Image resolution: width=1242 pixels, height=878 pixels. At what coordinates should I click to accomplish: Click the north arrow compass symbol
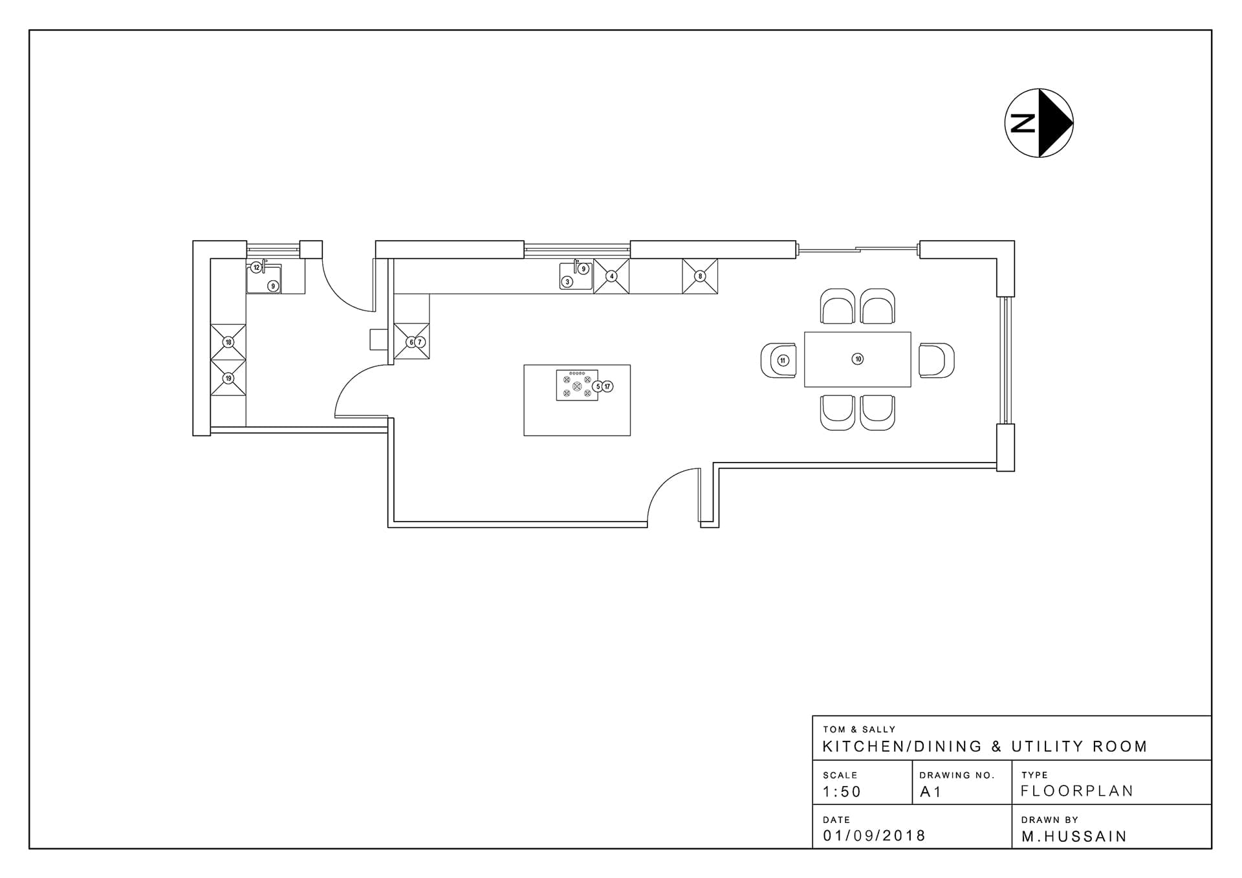1039,123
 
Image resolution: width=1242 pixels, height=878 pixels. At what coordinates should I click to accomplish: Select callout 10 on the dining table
858,359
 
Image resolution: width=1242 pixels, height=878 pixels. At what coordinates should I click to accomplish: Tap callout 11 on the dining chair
783,360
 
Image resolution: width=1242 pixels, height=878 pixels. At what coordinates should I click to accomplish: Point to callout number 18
228,342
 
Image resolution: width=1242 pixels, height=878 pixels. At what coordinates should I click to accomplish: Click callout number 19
228,379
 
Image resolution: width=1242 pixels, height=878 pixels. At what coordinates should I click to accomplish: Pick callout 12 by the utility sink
256,267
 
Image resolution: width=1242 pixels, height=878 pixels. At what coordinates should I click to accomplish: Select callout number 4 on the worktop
611,276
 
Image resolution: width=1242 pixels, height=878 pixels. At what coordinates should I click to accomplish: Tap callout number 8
700,276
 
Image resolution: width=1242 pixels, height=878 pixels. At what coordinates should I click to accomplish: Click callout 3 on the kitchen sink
567,281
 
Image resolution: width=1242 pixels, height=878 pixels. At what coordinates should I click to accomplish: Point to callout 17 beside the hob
607,386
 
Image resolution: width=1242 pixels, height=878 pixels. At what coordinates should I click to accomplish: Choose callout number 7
420,342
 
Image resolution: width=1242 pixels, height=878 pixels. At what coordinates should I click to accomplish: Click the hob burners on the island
577,386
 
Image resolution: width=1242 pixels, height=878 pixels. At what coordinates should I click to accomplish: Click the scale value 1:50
842,791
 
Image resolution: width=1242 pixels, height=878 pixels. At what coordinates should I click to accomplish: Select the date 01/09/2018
875,836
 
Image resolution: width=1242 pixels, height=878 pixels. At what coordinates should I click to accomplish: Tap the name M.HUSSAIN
1074,837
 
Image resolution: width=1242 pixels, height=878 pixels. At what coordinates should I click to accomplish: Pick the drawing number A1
931,792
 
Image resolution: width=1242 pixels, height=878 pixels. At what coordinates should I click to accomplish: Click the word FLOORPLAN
1077,791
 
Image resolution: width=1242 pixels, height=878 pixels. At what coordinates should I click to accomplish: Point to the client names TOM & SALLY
859,729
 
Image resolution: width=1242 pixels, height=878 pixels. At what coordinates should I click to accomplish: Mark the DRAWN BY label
1050,820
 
